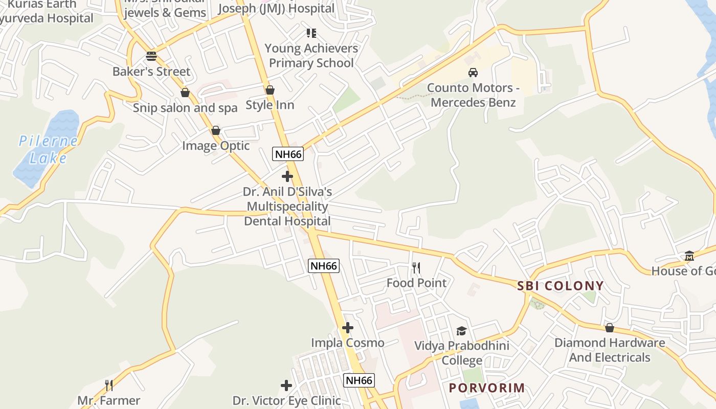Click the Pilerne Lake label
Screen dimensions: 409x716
(48, 149)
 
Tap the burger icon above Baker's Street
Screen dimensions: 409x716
(151, 56)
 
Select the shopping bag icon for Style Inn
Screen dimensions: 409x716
(270, 90)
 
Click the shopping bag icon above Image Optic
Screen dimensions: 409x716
(216, 131)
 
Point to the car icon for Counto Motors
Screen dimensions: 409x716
(473, 73)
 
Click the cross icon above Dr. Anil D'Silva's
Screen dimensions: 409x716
(287, 177)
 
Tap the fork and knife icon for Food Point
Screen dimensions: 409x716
(416, 268)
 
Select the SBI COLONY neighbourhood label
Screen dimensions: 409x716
(561, 286)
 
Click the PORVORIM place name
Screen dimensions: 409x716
(487, 388)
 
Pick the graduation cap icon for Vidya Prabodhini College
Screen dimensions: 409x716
(461, 331)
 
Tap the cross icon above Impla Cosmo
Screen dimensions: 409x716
(348, 328)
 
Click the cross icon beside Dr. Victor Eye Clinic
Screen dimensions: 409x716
(286, 385)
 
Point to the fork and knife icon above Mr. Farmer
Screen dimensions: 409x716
(108, 385)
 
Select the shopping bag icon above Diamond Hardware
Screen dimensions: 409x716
(609, 328)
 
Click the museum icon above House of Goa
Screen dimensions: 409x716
(689, 256)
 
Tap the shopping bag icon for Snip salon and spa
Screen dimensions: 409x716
(185, 93)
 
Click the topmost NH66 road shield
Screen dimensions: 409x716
(287, 154)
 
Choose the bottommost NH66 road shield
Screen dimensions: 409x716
(359, 380)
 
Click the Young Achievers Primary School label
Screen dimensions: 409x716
(311, 56)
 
